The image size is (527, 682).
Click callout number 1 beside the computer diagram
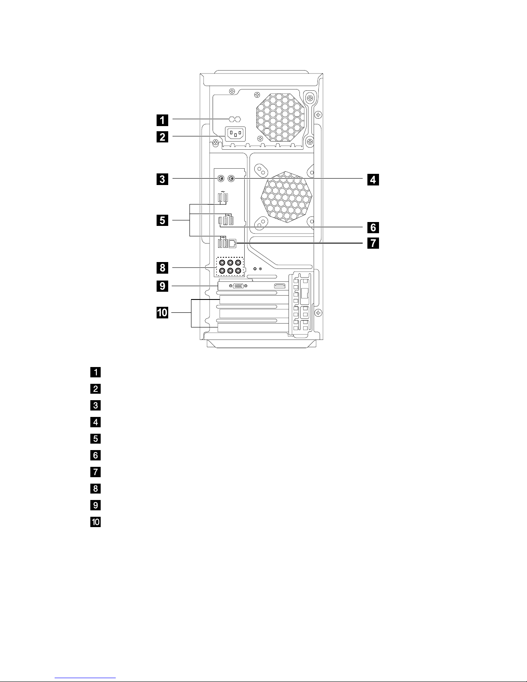[x=162, y=119]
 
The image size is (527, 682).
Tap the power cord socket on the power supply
[x=234, y=134]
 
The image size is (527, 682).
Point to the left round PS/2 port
[x=220, y=179]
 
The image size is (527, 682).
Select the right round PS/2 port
[x=231, y=179]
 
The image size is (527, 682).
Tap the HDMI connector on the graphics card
[x=280, y=286]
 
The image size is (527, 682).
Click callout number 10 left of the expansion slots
[x=162, y=313]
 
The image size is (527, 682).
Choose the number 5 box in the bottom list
[x=96, y=438]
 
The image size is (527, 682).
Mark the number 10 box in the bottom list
[x=96, y=522]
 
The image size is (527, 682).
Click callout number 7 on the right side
[x=373, y=243]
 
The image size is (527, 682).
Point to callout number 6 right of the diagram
[x=373, y=226]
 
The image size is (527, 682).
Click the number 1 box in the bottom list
[x=96, y=372]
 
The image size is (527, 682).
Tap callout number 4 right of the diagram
[x=373, y=179]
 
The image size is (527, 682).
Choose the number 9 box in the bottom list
[x=96, y=505]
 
